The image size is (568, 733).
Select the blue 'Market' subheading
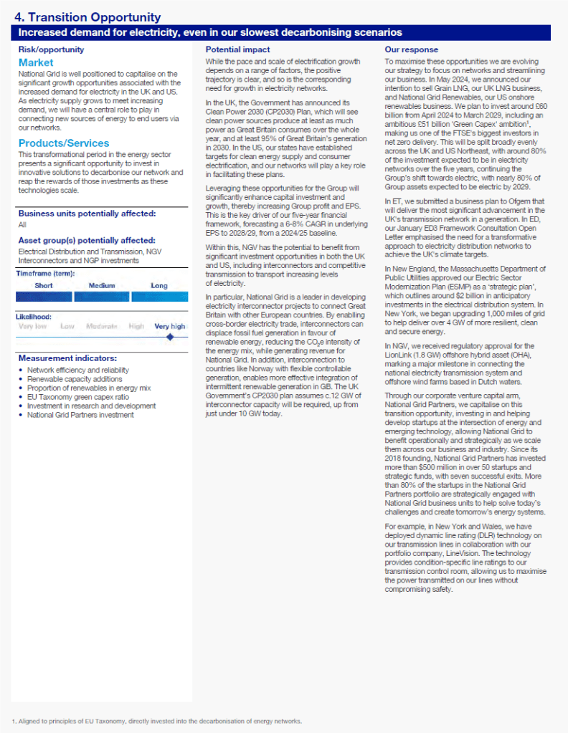(x=36, y=63)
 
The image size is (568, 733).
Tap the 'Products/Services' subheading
(x=64, y=143)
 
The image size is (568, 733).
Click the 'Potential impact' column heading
(x=238, y=49)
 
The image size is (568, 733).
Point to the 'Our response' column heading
(x=412, y=49)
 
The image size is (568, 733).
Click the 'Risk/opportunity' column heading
(x=51, y=49)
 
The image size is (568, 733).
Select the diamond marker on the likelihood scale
(x=170, y=336)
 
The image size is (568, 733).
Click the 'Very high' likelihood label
(x=169, y=326)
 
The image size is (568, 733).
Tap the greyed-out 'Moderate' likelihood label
(x=102, y=326)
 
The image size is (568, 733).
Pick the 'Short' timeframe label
(x=44, y=285)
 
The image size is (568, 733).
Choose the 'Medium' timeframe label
(x=102, y=285)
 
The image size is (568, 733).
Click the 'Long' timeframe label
(x=159, y=285)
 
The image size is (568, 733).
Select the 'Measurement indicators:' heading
(x=67, y=358)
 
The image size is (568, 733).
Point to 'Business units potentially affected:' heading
(x=87, y=214)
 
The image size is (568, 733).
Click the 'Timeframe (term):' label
(x=45, y=273)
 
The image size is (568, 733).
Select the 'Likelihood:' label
(x=34, y=316)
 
